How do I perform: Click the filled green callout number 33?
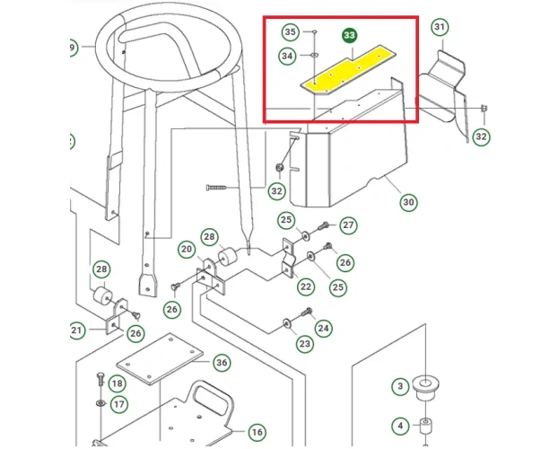(x=349, y=35)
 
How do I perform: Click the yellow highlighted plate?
(x=347, y=70)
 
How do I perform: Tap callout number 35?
(x=290, y=32)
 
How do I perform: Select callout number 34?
(x=287, y=56)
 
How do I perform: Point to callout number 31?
(x=440, y=27)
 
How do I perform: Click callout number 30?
(x=408, y=202)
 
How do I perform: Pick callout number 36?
(x=222, y=362)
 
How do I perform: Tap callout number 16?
(x=258, y=432)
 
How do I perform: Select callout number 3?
(x=400, y=386)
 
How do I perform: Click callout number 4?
(x=400, y=427)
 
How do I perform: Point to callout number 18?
(x=117, y=383)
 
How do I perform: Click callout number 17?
(x=119, y=404)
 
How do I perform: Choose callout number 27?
(x=348, y=224)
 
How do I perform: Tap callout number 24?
(x=323, y=329)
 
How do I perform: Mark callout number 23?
(x=304, y=343)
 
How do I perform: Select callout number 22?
(x=306, y=286)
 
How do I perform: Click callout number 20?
(x=187, y=250)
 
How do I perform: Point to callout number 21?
(x=77, y=330)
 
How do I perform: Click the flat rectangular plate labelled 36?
(x=160, y=359)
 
